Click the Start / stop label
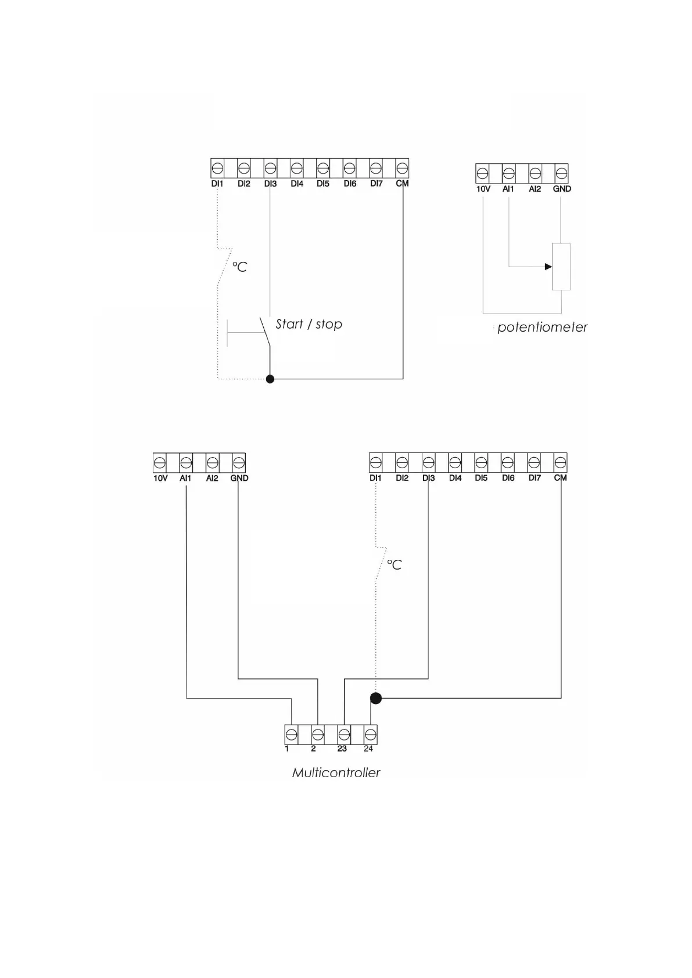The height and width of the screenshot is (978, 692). click(309, 324)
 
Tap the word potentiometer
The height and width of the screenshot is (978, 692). click(542, 328)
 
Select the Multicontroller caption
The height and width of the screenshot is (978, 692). click(336, 773)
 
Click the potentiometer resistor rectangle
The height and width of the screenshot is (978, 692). click(561, 267)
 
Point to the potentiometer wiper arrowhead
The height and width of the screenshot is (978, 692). click(548, 267)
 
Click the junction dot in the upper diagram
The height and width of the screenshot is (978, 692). click(270, 379)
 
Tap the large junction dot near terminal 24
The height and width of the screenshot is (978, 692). click(376, 698)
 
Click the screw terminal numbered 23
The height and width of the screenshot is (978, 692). click(344, 735)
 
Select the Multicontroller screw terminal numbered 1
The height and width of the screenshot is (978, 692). click(292, 735)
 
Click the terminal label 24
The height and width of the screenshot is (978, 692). click(368, 749)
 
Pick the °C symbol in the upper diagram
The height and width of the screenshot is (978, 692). click(240, 267)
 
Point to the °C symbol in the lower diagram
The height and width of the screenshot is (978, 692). click(395, 565)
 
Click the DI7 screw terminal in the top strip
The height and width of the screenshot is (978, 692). click(376, 168)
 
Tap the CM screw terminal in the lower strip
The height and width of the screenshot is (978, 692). click(560, 463)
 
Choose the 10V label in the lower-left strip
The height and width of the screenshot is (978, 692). click(160, 478)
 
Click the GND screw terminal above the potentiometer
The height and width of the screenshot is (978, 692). click(561, 173)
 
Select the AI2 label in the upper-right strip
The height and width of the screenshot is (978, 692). click(535, 189)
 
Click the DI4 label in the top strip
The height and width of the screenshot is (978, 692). click(297, 184)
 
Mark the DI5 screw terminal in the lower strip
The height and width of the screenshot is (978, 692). click(481, 463)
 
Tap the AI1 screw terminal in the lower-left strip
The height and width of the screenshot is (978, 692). click(186, 463)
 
